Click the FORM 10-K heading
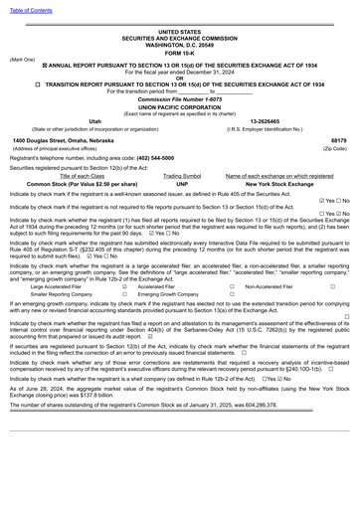180,52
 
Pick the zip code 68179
338,140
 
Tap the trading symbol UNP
182,184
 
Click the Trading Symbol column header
182,176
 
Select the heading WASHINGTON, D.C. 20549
180,45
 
